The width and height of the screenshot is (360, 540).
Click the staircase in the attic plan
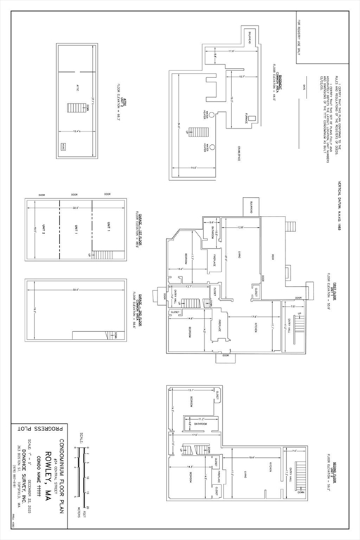72,110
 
